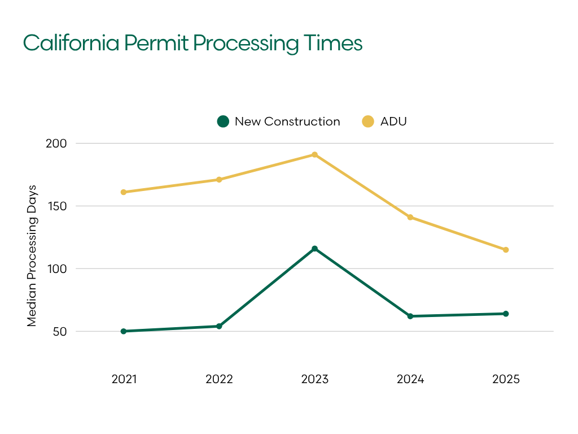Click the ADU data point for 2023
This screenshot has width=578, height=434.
pos(314,155)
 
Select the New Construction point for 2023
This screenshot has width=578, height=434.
pos(314,249)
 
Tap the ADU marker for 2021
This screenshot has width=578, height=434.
pos(124,192)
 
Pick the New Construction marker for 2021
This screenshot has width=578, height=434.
pos(124,331)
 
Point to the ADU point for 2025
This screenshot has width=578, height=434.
pos(506,250)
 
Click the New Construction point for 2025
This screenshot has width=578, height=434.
pos(506,314)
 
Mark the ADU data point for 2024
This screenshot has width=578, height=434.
pos(410,217)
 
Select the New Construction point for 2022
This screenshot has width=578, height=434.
pos(219,326)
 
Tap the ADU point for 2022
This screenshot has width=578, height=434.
pos(219,180)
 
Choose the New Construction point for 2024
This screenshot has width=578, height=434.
pos(410,316)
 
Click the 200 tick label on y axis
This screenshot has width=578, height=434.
pos(56,144)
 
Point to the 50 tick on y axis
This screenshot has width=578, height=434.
pos(60,332)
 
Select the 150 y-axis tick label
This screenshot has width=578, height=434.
pos(56,206)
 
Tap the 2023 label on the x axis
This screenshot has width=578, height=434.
pos(314,379)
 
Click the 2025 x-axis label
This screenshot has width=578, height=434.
pos(506,379)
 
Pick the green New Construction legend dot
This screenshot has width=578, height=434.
pos(223,121)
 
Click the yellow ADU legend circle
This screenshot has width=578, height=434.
pos(368,121)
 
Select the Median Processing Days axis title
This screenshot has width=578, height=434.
pos(32,255)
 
